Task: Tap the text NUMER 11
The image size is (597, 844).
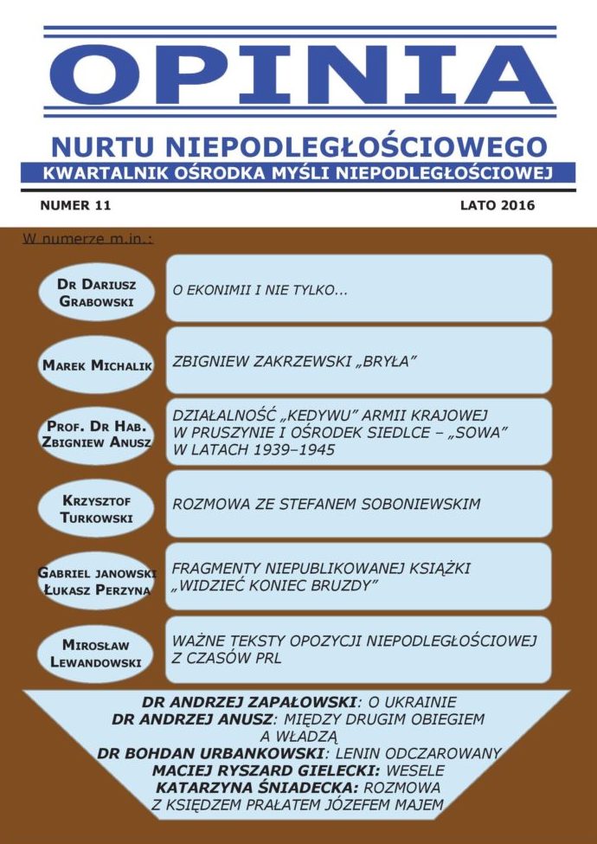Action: click(x=75, y=206)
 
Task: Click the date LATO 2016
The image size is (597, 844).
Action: click(x=497, y=206)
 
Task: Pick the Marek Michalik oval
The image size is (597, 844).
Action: click(x=97, y=365)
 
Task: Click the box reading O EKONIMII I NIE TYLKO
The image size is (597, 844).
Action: click(x=358, y=288)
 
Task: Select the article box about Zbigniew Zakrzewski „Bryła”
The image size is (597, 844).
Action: click(x=358, y=361)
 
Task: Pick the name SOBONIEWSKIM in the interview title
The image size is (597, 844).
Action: click(x=405, y=503)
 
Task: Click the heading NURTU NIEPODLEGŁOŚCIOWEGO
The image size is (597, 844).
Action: click(x=298, y=146)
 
